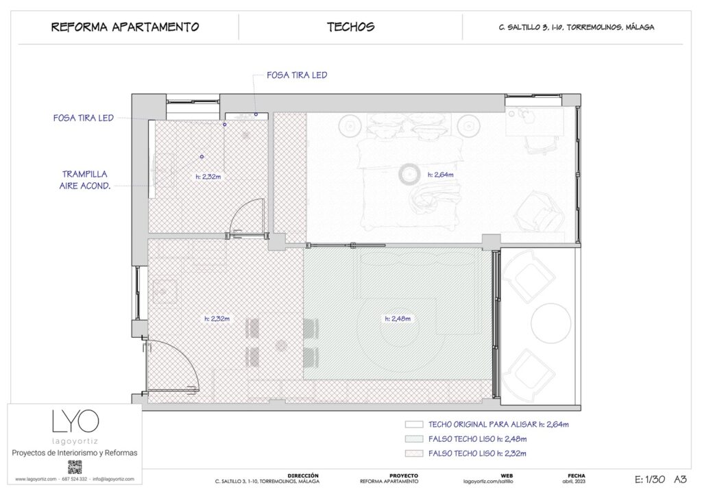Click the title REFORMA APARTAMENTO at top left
[125, 27]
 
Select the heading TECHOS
[350, 27]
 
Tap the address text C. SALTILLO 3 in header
[576, 28]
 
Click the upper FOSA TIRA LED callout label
[297, 75]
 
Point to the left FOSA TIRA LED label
[83, 118]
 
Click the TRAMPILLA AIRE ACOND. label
[85, 179]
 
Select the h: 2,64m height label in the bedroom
[441, 175]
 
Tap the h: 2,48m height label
[398, 319]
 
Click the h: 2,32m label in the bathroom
[208, 176]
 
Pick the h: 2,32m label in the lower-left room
[216, 319]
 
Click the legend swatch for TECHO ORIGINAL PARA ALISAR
[414, 425]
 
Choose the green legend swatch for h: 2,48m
[414, 439]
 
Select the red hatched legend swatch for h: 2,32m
[414, 454]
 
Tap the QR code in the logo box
[75, 467]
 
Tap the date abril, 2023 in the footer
[576, 482]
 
